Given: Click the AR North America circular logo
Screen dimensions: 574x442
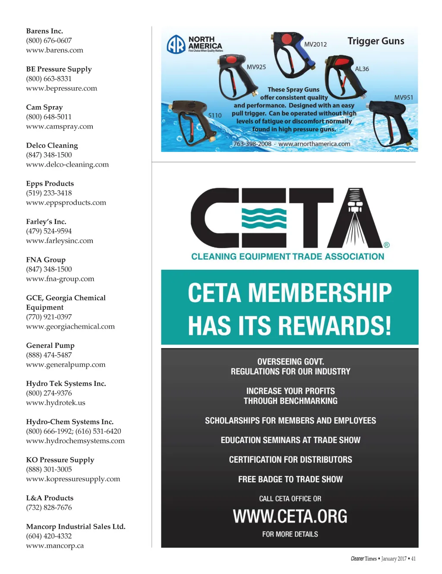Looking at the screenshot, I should [176, 44].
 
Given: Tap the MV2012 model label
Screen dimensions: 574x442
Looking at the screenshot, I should [316, 44].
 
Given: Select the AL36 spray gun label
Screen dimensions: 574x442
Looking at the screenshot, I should [362, 69].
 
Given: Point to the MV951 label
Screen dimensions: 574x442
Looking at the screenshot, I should [404, 98].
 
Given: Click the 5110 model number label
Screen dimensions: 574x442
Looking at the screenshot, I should [215, 116].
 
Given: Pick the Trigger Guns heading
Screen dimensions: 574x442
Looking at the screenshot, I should [376, 41].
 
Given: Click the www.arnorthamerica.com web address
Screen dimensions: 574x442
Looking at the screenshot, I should [314, 144].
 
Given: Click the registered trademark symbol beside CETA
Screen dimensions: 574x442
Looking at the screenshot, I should [387, 245].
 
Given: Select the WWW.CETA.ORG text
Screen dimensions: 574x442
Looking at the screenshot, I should [290, 516].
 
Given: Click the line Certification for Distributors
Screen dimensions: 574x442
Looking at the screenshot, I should [290, 460].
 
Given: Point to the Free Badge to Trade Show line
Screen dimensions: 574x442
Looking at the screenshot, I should [290, 479].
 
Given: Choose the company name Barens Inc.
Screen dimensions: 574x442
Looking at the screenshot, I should [44, 31].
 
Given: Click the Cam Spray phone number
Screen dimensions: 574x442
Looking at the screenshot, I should [49, 117].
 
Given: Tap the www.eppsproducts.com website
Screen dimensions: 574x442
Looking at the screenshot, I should [66, 203].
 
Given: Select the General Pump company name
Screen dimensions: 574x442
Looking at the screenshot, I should [50, 345].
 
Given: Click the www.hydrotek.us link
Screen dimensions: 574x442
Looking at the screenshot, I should [56, 403].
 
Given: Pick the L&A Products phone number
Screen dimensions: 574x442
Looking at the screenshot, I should [49, 508].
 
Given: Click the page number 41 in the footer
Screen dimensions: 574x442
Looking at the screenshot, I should [414, 559].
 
